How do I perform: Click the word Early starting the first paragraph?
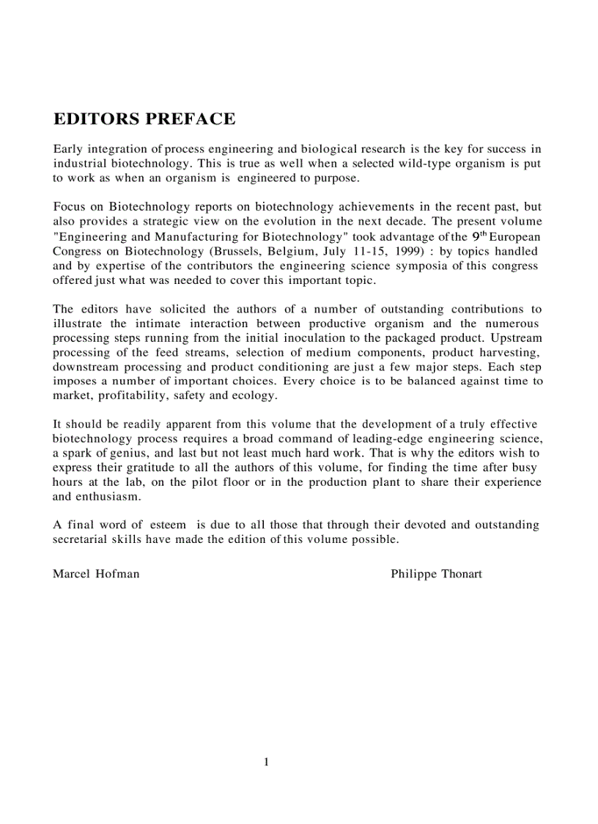point(69,150)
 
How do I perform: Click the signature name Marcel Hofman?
point(96,574)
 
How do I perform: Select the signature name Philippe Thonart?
point(436,574)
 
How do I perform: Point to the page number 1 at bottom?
point(267,762)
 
